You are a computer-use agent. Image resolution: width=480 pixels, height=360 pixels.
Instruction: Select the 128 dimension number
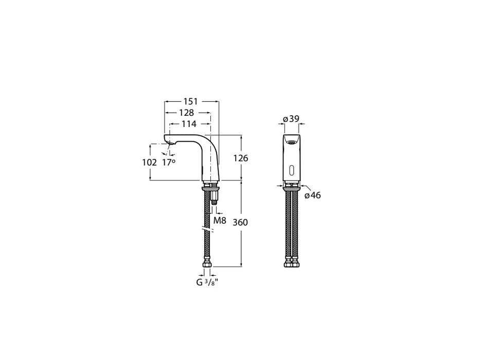186,113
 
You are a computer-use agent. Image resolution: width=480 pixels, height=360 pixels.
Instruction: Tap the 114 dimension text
189,124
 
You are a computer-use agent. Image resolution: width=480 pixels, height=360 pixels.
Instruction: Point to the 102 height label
149,162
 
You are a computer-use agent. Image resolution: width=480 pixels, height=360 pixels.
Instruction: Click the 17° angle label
169,162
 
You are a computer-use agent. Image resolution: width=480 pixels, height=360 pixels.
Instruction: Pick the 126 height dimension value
240,158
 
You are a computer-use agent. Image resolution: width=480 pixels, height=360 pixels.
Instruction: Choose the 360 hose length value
240,222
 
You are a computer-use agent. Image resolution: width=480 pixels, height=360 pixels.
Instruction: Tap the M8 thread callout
220,221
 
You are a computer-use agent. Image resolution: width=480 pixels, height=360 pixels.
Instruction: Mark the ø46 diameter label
312,195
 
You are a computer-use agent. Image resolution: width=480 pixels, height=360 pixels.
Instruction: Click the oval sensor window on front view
291,171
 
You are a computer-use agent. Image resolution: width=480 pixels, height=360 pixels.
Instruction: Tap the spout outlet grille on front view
291,142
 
